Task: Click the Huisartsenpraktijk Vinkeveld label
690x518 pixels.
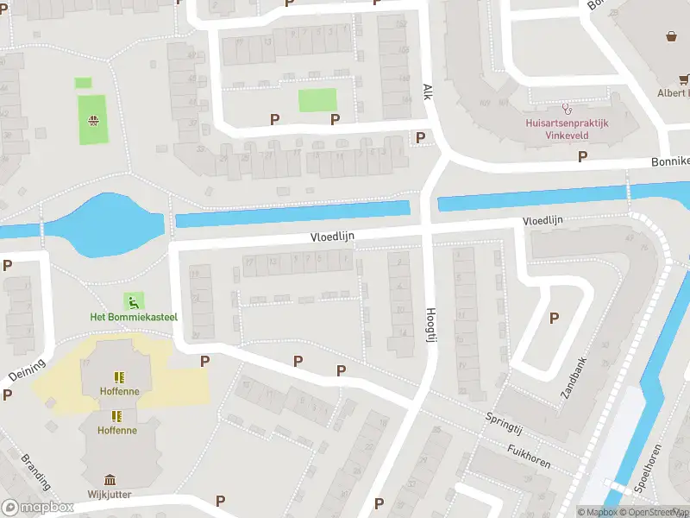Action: [x=567, y=129]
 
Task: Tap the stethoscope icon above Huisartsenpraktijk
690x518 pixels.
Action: [x=567, y=109]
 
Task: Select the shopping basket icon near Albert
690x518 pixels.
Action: [x=671, y=36]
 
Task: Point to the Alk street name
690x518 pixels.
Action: [x=426, y=92]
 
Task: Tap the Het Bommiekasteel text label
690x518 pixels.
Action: [x=134, y=317]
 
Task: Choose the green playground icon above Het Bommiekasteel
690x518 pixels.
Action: [x=133, y=301]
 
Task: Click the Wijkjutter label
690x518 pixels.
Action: [x=110, y=495]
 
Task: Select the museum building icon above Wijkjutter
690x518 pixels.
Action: [x=110, y=480]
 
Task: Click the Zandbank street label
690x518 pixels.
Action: [x=573, y=377]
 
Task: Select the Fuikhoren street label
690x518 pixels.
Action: [x=530, y=456]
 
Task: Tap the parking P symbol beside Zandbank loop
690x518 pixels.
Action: [x=554, y=319]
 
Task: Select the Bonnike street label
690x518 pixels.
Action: [x=669, y=161]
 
